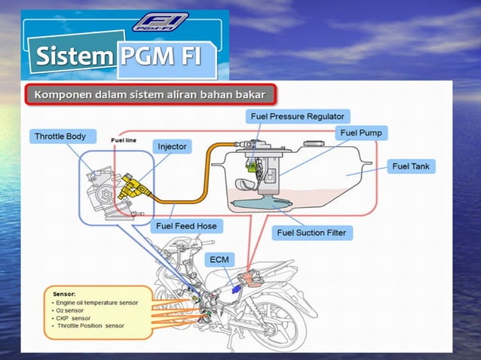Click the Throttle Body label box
click(66, 136)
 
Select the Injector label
click(173, 145)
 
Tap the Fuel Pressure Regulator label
click(297, 117)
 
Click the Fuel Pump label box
click(361, 133)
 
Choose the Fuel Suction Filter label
click(311, 233)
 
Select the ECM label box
click(220, 259)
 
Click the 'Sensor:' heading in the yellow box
click(66, 293)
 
